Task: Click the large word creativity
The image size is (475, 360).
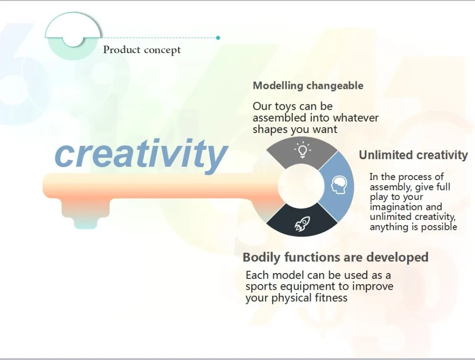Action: [x=141, y=155]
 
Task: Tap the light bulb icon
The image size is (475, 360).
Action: [x=302, y=150]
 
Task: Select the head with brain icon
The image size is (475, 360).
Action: [x=339, y=185]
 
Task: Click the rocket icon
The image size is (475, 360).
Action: [x=302, y=224]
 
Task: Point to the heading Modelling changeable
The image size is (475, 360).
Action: [x=308, y=85]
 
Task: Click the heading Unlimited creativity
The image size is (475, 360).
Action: [x=414, y=155]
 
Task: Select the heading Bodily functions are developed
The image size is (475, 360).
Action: [x=335, y=257]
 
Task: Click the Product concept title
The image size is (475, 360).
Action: [x=142, y=50]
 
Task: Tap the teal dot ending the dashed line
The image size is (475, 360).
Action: [x=218, y=38]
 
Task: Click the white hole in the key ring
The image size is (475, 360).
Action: [x=301, y=186]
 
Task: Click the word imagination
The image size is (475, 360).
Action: [x=406, y=207]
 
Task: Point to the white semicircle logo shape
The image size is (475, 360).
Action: [x=73, y=27]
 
